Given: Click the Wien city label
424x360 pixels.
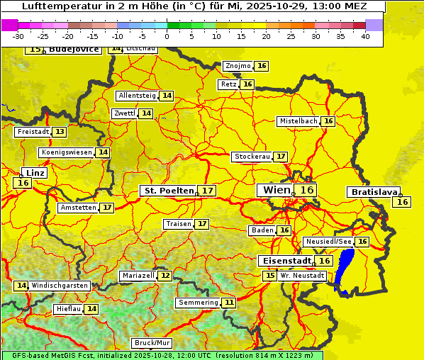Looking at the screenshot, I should [x=277, y=190].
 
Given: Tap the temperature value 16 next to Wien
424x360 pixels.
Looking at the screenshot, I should [x=306, y=190].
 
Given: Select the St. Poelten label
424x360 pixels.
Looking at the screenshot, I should [x=169, y=191].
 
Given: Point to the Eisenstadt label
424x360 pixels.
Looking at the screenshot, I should [x=284, y=261].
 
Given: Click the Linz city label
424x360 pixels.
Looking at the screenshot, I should [x=35, y=173].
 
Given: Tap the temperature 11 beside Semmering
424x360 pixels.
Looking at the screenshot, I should [x=228, y=303].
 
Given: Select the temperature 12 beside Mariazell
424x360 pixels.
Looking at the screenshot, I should [x=165, y=275].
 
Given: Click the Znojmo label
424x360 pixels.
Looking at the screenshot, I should [x=238, y=66].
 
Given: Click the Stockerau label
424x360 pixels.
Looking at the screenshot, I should [x=252, y=156].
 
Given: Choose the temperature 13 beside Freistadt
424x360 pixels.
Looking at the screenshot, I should [x=60, y=132].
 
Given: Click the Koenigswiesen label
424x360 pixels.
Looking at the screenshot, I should [x=67, y=152].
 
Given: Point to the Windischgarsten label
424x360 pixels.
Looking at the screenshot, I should [x=60, y=286].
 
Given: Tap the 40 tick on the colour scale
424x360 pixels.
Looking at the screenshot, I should [x=365, y=36].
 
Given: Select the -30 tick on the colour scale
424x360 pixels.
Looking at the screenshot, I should [x=18, y=36].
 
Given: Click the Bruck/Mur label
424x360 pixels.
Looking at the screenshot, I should [x=152, y=343].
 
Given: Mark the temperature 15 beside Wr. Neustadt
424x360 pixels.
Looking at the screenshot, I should [x=269, y=275].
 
